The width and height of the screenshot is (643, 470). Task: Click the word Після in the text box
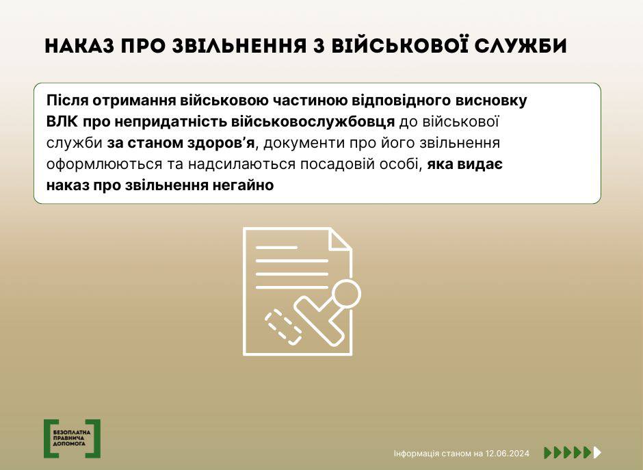(67, 100)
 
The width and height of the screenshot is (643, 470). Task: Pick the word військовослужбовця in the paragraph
(313, 122)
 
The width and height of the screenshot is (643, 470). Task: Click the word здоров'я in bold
(221, 143)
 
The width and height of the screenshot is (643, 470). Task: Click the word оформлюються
(104, 164)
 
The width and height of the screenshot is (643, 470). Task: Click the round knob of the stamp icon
(346, 294)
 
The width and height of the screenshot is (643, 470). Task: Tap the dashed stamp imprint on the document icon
(284, 327)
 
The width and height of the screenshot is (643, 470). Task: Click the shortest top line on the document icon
(276, 248)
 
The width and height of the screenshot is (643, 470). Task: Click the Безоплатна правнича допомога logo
(73, 439)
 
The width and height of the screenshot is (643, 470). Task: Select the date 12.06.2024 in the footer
(508, 454)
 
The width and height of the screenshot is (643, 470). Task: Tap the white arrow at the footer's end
(597, 452)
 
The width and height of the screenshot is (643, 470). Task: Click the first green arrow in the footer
(548, 452)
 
